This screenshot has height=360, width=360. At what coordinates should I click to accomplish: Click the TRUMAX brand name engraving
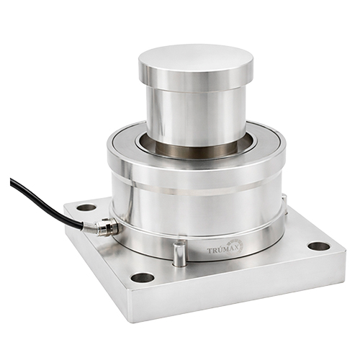[x=222, y=250]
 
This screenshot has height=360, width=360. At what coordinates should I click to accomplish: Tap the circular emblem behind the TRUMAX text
[x=235, y=246]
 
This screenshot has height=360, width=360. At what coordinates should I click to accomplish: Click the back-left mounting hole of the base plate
[x=86, y=207]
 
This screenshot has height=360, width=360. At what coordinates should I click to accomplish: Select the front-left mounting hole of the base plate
[x=143, y=278]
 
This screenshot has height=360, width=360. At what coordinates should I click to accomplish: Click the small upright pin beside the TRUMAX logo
[x=179, y=254]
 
